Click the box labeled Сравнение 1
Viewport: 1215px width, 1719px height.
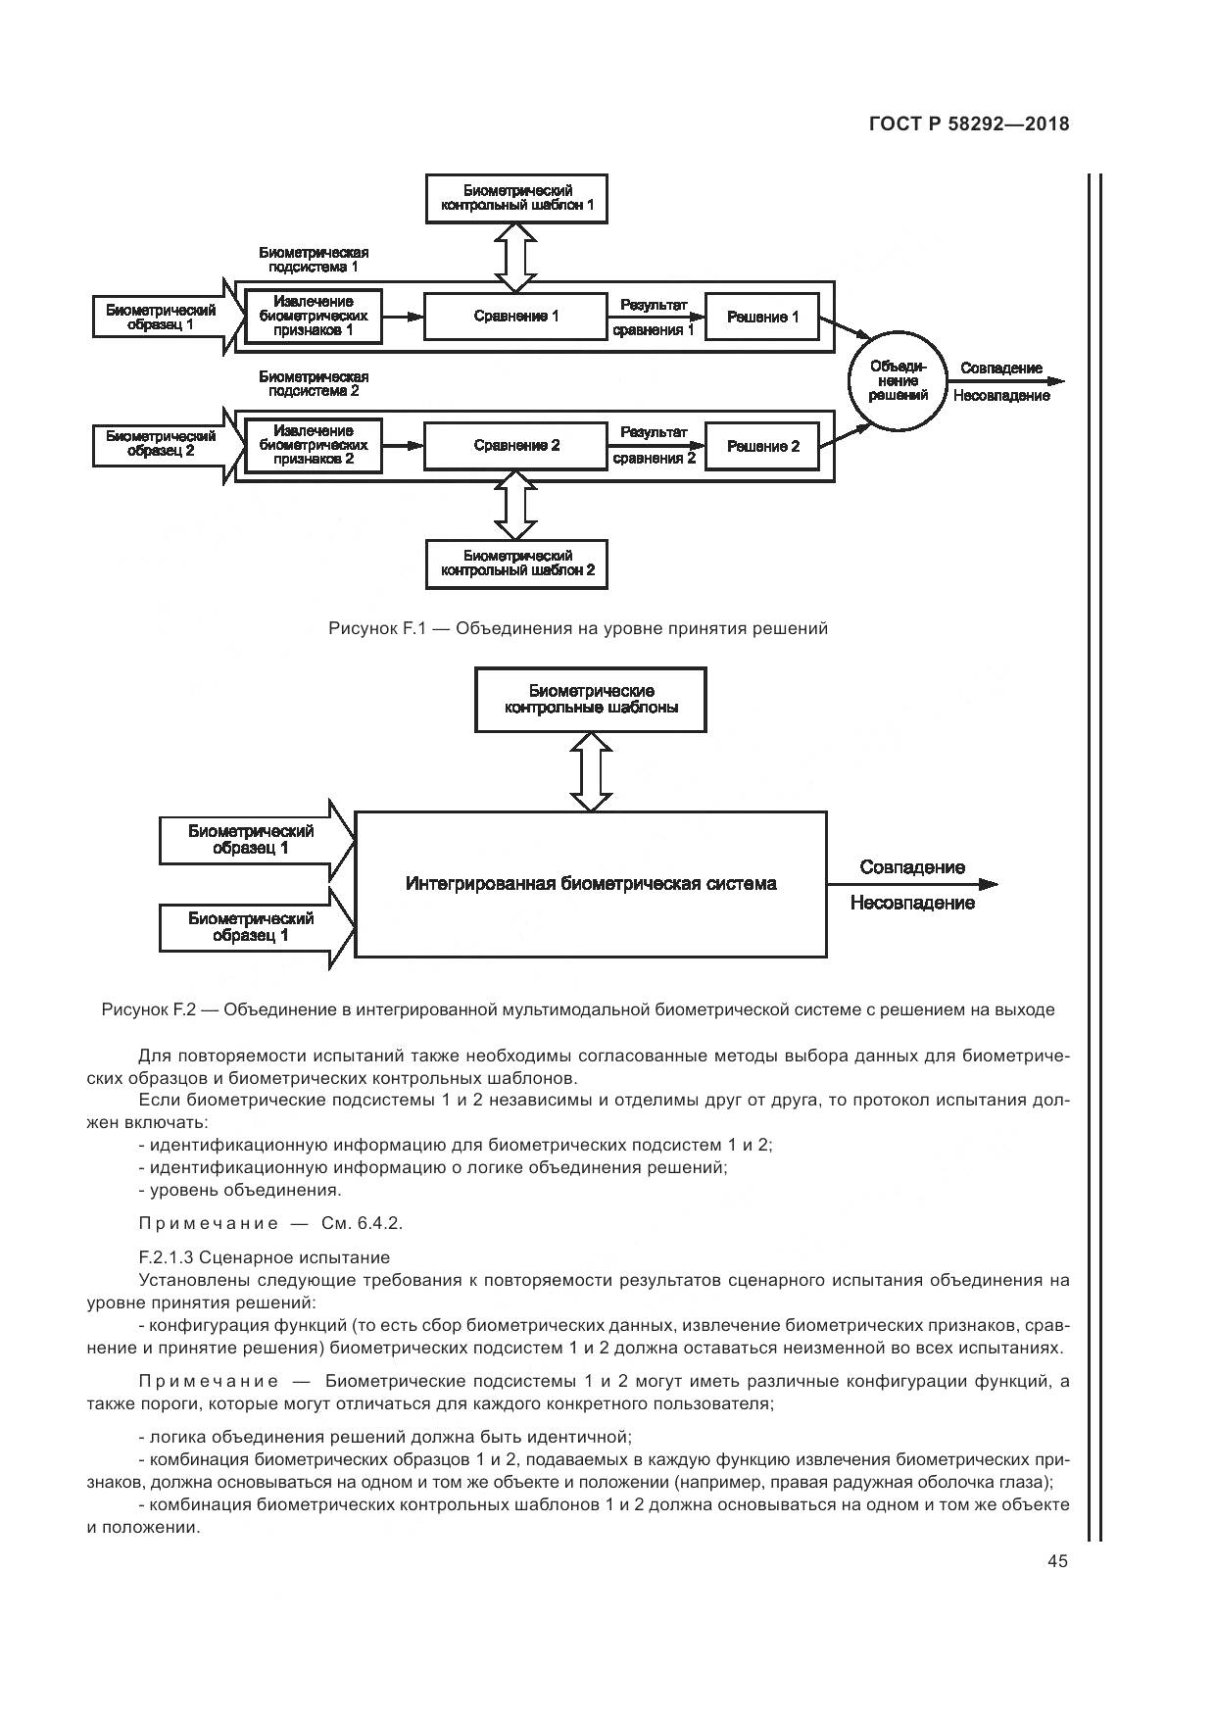[515, 317]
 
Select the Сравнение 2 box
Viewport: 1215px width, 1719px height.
[515, 446]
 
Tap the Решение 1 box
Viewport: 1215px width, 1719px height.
[762, 318]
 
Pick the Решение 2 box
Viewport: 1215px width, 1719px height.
[762, 447]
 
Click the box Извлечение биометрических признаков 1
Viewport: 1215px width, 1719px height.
[313, 317]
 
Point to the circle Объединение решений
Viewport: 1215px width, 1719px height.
[898, 380]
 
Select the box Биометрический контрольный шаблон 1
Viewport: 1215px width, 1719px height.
[517, 198]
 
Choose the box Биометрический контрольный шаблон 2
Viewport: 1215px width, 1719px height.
[517, 564]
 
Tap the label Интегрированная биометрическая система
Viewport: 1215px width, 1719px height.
[591, 884]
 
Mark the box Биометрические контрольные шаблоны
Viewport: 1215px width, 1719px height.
[591, 699]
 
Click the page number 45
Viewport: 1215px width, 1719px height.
[1056, 1561]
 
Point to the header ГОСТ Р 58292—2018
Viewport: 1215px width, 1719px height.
[968, 124]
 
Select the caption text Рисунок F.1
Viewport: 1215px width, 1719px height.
[374, 628]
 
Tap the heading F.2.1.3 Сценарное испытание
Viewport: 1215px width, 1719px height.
[265, 1257]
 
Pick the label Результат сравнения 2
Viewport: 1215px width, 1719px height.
[654, 445]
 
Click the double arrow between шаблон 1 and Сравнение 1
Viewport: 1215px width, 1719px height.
[515, 257]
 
